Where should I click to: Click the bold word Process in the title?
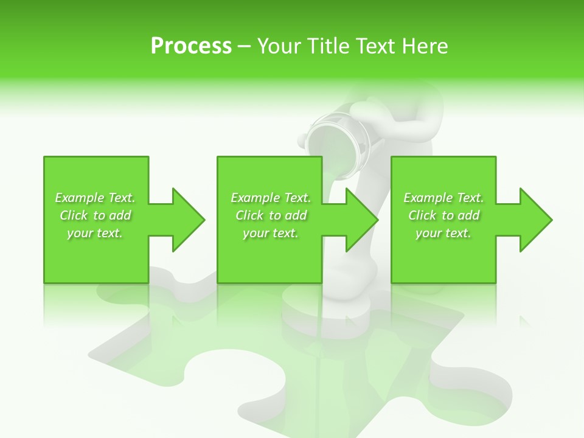point(191,46)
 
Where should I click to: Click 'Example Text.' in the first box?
point(95,198)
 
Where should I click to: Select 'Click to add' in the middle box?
point(271,215)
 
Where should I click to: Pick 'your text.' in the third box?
point(443,233)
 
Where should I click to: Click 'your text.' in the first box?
point(95,233)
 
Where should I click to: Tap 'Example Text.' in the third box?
point(443,198)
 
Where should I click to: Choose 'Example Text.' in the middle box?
point(271,198)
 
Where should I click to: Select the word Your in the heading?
point(279,46)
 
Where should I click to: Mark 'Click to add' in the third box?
point(443,215)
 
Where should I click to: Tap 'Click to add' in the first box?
point(95,215)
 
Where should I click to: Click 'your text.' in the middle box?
point(271,233)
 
